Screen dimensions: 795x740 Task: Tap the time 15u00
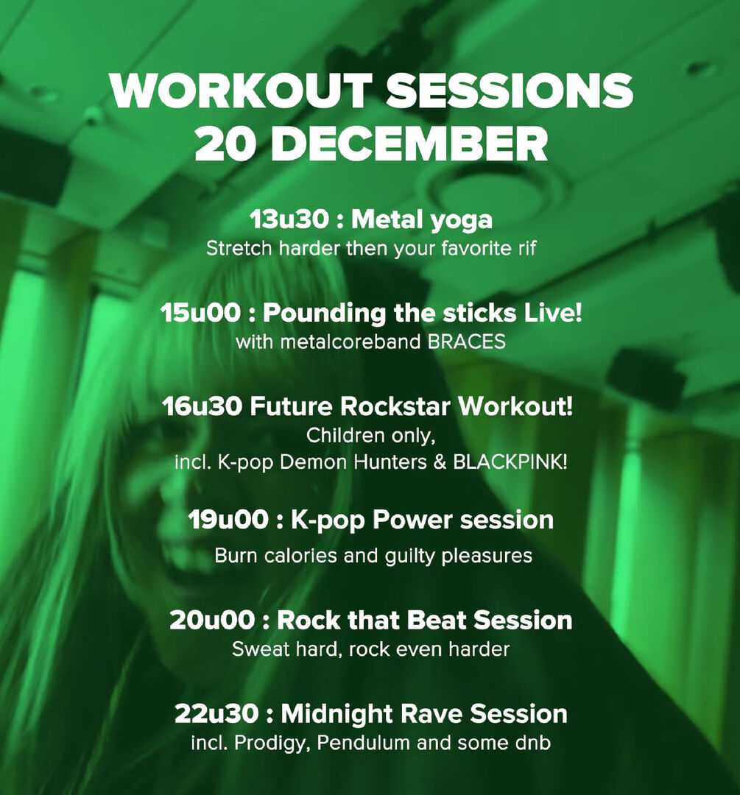click(201, 314)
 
